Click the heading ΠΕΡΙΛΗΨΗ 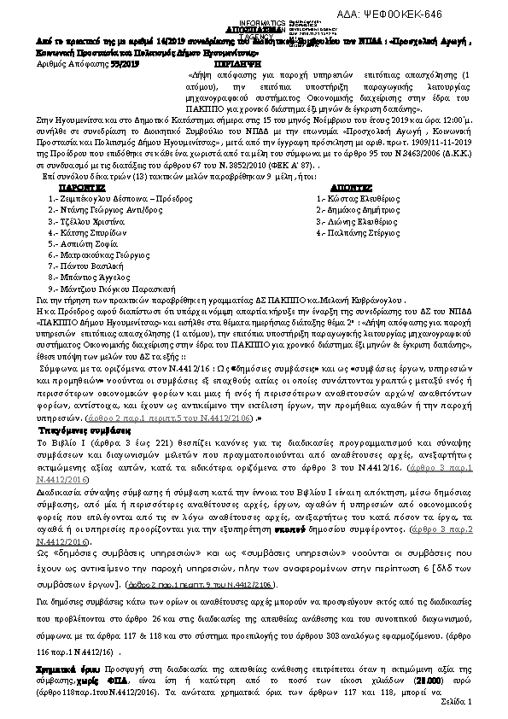click(x=254, y=64)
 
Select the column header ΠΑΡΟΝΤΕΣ click(x=83, y=184)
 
